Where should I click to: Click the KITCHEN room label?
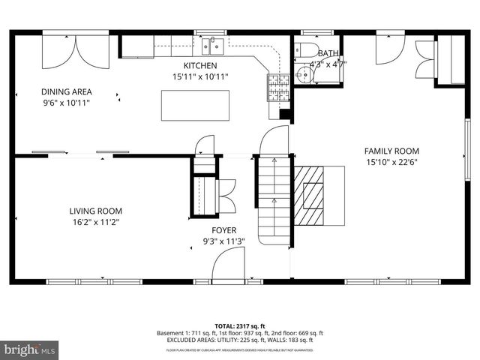(x=200, y=66)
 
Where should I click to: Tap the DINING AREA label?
(x=65, y=92)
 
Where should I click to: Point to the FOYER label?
(x=223, y=230)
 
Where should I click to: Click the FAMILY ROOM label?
(x=391, y=150)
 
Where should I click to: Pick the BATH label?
(x=328, y=53)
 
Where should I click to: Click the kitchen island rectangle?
(x=188, y=105)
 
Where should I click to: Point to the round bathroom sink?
(x=302, y=74)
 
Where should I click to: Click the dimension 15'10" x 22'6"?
(x=391, y=161)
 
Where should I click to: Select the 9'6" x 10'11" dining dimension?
(x=65, y=103)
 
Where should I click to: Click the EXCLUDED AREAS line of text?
(x=240, y=340)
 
